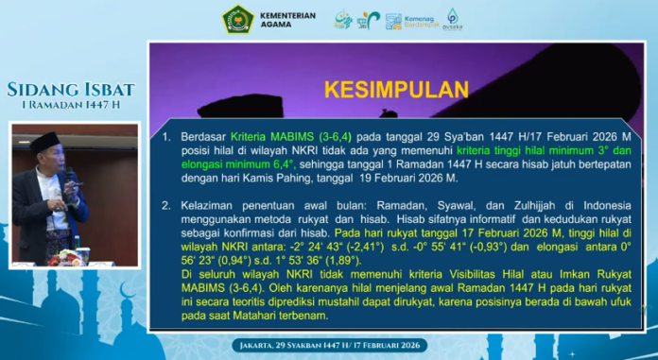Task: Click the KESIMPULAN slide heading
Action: [396, 90]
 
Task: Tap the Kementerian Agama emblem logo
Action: [236, 19]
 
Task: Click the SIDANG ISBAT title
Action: [71, 91]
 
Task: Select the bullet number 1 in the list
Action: [165, 136]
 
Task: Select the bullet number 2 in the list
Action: [165, 204]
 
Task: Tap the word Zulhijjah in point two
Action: [535, 204]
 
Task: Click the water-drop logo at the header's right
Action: [453, 19]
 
